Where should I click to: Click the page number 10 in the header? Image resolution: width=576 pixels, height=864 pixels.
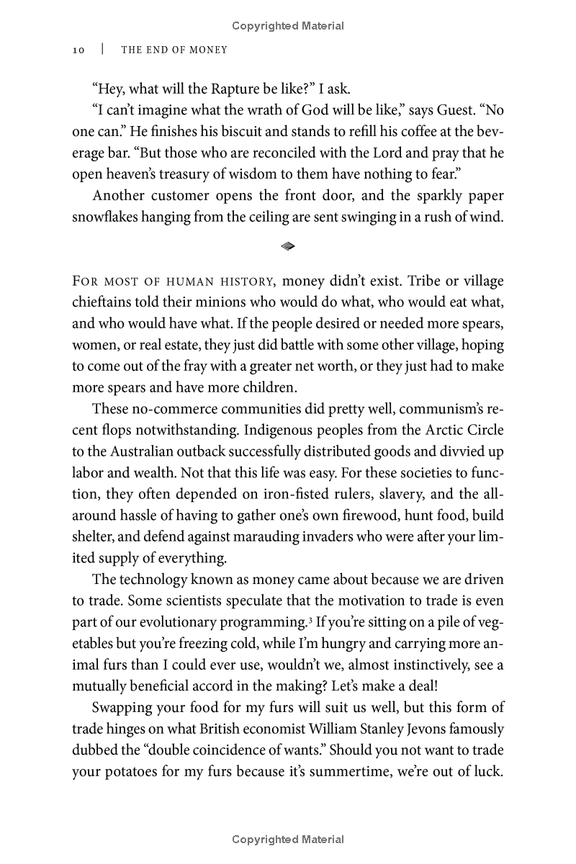pyautogui.click(x=79, y=50)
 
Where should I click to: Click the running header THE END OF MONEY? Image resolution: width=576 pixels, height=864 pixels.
pyautogui.click(x=174, y=50)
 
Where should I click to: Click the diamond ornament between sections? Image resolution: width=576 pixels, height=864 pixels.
pyautogui.click(x=288, y=246)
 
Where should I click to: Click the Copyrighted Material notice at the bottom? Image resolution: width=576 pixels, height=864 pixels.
pyautogui.click(x=288, y=840)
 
